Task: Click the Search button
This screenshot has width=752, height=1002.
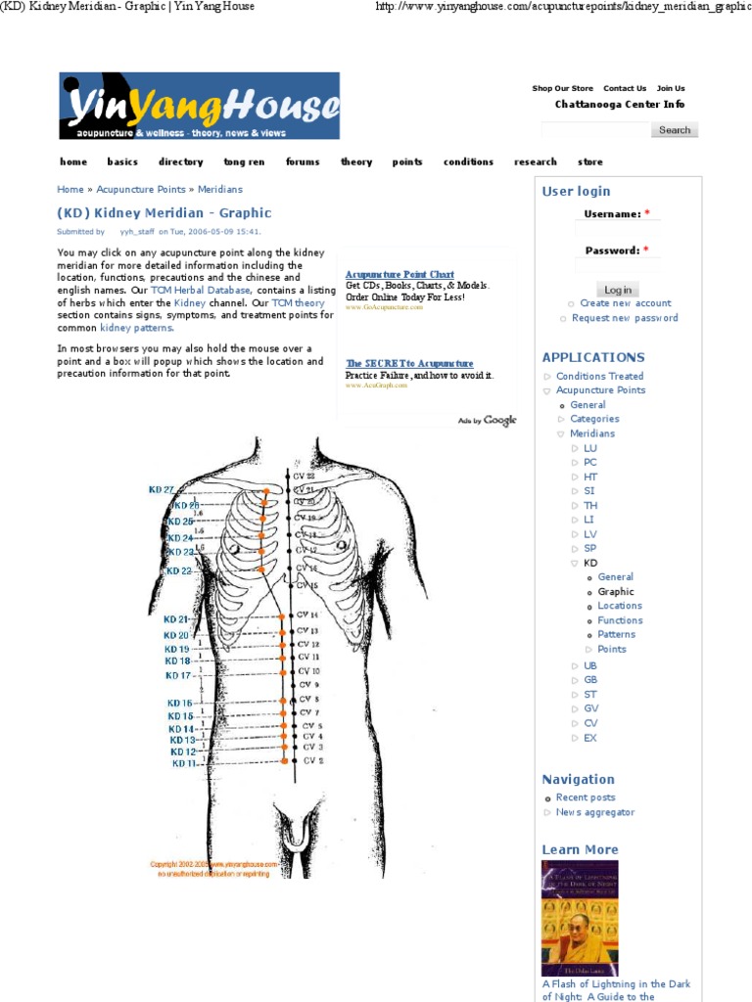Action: pyautogui.click(x=674, y=130)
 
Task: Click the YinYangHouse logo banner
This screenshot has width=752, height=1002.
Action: pyautogui.click(x=199, y=106)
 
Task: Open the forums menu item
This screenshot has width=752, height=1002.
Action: pyautogui.click(x=303, y=162)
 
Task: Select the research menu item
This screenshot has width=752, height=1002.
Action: pyautogui.click(x=535, y=162)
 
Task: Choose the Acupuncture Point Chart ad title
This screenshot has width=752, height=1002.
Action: pyautogui.click(x=399, y=275)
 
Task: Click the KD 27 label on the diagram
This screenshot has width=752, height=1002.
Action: pyautogui.click(x=162, y=489)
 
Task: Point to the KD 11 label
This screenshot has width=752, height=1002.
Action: pyautogui.click(x=184, y=763)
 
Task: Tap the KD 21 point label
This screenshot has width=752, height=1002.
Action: pyautogui.click(x=176, y=619)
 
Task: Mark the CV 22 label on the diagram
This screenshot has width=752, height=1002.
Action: pyautogui.click(x=305, y=476)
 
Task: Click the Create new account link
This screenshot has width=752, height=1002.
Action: pyautogui.click(x=625, y=303)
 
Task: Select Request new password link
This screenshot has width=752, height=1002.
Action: pyautogui.click(x=625, y=318)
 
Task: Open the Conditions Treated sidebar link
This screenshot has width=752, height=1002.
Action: pyautogui.click(x=599, y=376)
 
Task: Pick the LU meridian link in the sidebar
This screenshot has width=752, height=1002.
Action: pyautogui.click(x=589, y=448)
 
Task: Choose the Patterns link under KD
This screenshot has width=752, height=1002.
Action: pyautogui.click(x=617, y=634)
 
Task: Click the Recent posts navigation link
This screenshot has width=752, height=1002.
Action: pyautogui.click(x=586, y=797)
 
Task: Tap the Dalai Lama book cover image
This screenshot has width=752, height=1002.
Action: pyautogui.click(x=580, y=918)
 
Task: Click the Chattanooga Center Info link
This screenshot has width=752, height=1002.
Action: pyautogui.click(x=620, y=105)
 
